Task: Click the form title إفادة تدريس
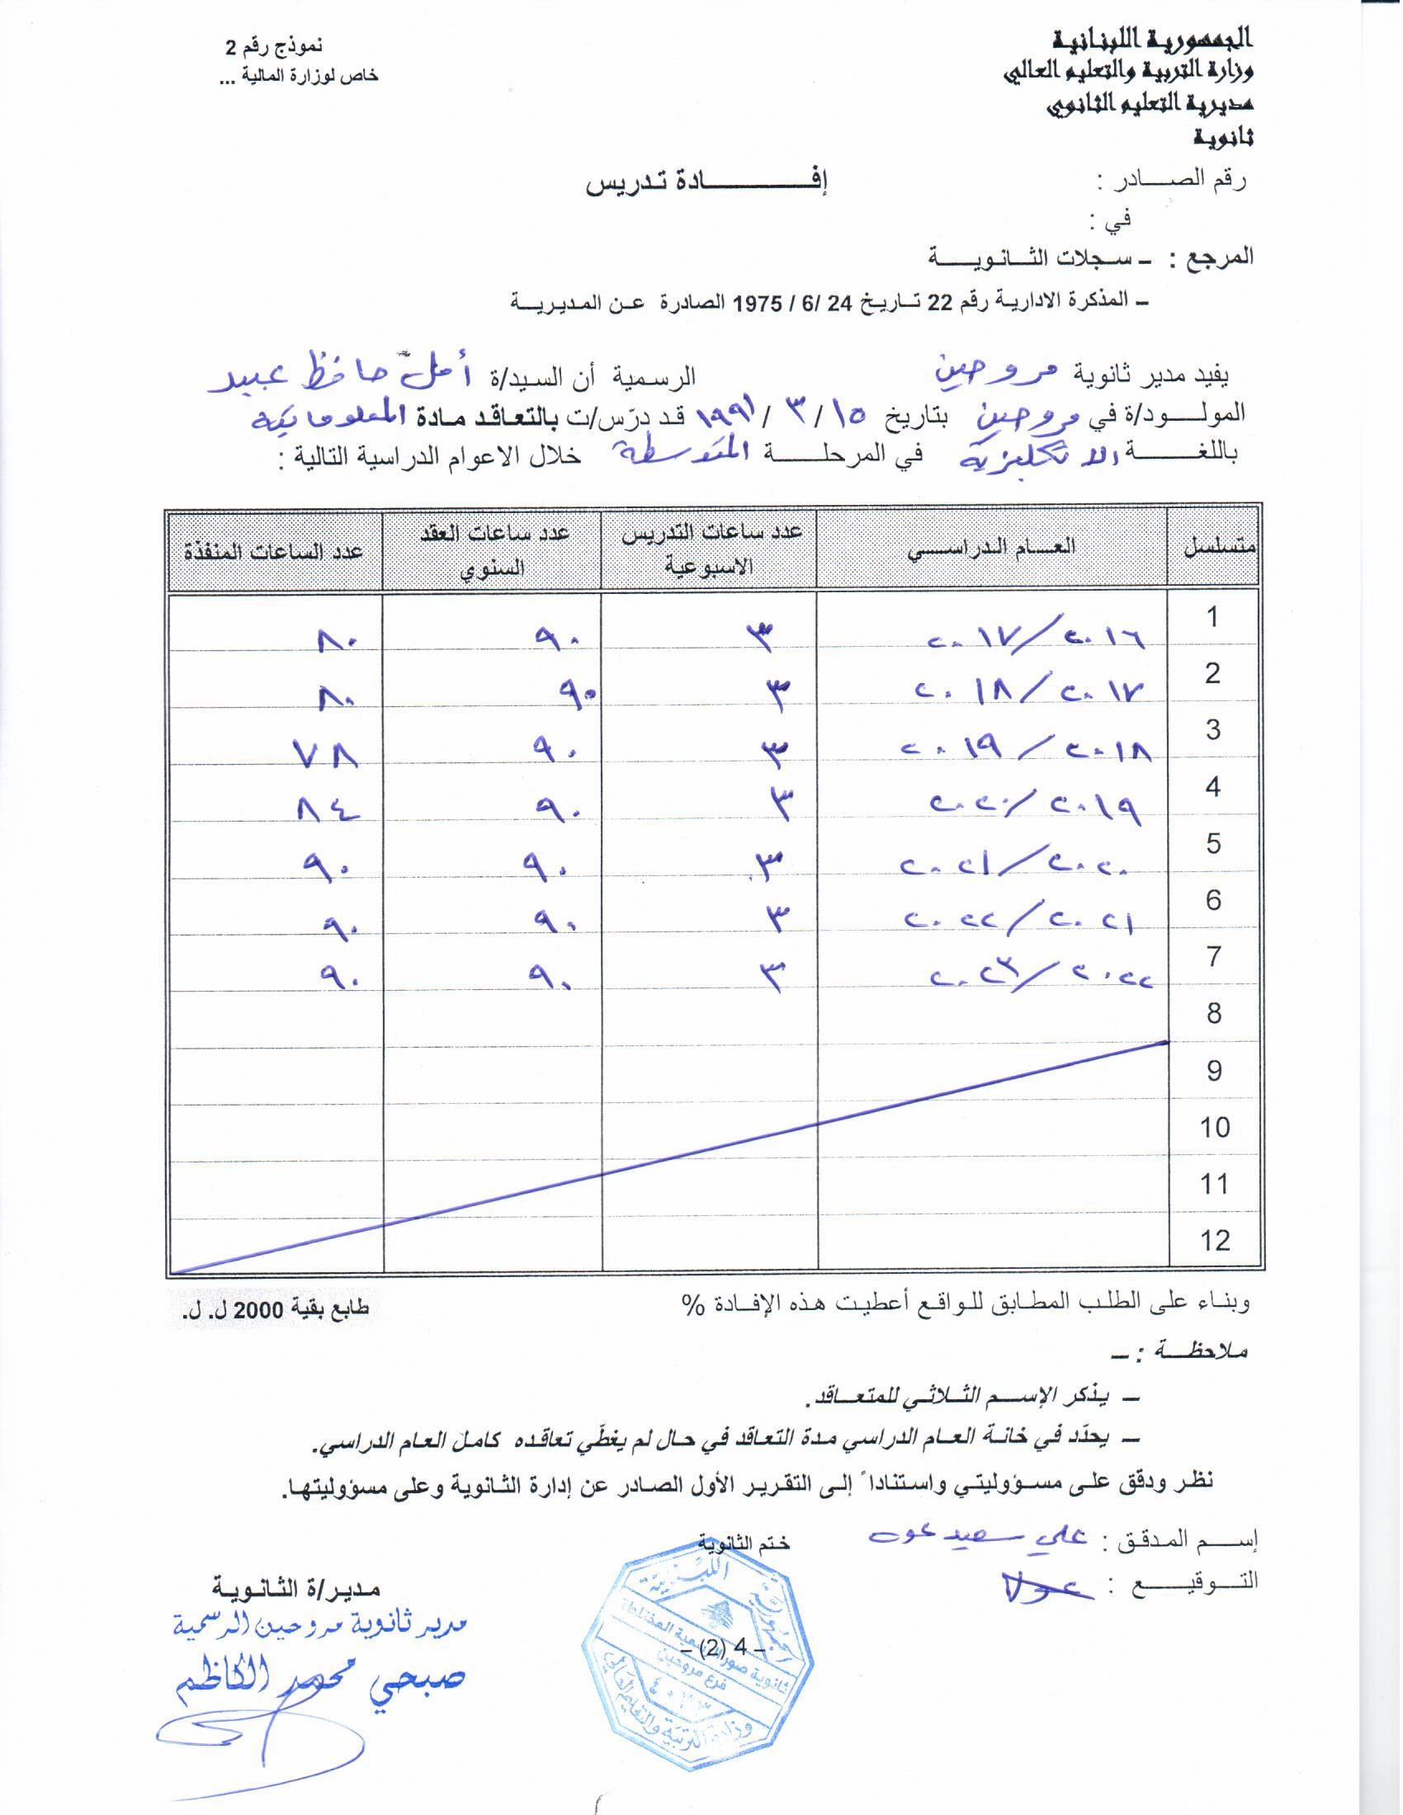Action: click(707, 185)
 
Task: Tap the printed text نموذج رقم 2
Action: click(274, 48)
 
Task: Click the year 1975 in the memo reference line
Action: click(757, 304)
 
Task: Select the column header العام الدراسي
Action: click(990, 548)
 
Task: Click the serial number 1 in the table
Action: click(1212, 617)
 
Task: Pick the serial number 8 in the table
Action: click(1214, 1013)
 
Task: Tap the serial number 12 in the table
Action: click(1214, 1241)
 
